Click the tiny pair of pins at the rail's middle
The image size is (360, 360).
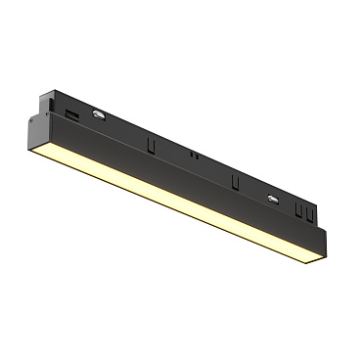pyautogui.click(x=195, y=155)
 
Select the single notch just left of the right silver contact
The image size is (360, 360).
pyautogui.click(x=236, y=183)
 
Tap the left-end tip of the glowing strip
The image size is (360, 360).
pyautogui.click(x=36, y=157)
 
